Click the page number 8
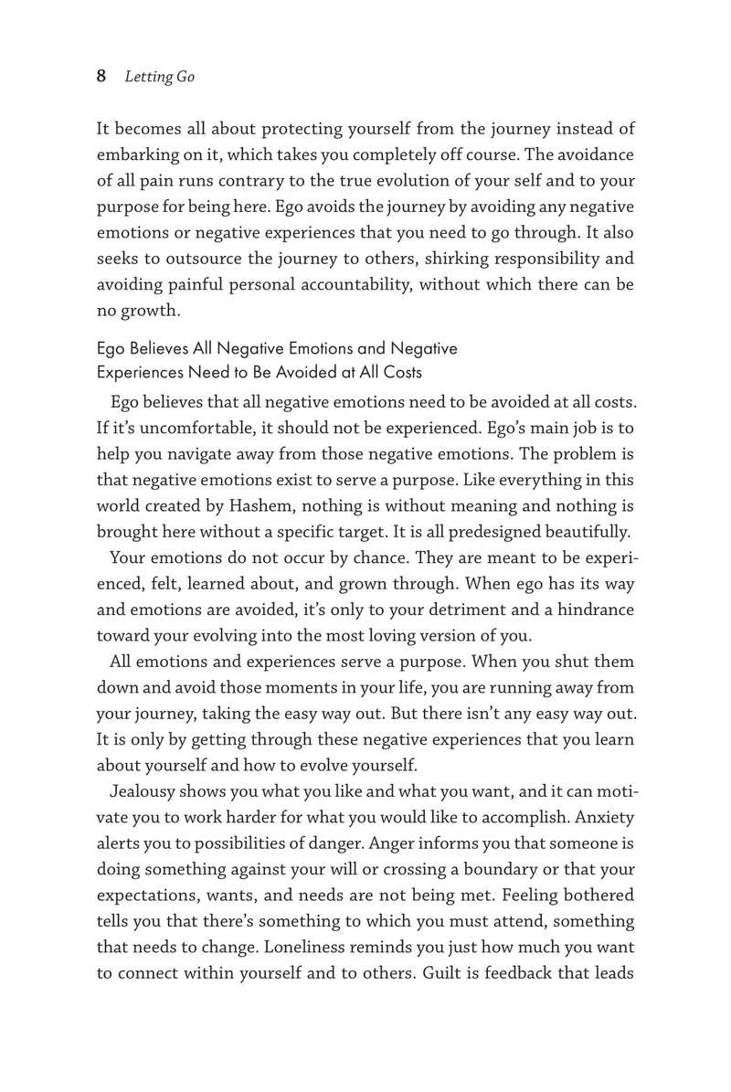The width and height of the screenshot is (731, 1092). (101, 77)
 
